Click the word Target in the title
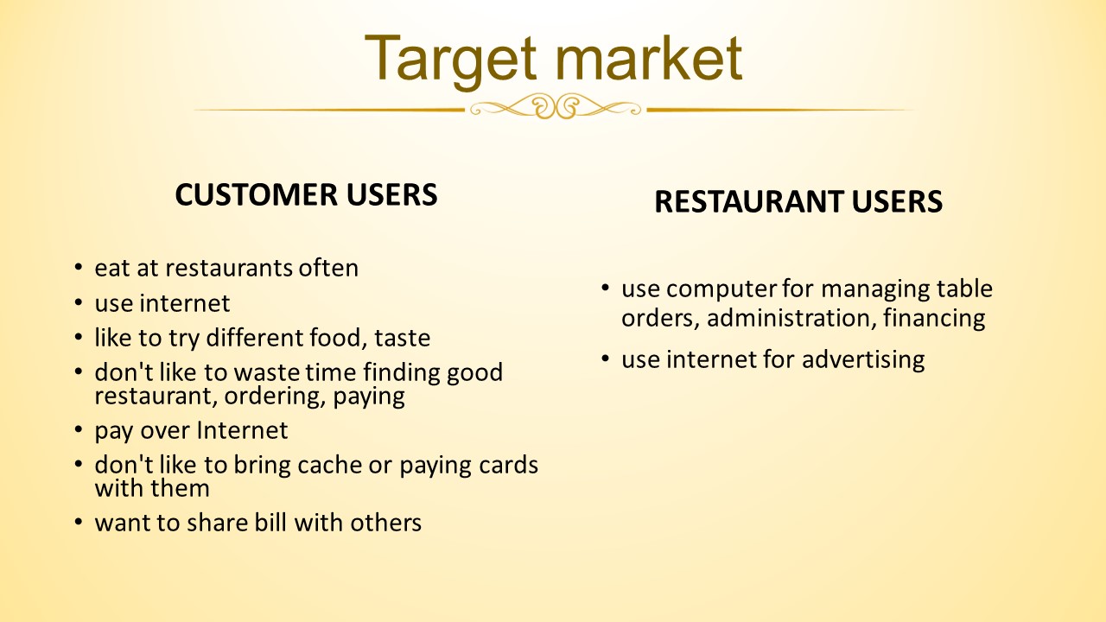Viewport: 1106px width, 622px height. [x=450, y=61]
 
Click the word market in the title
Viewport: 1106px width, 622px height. [x=648, y=58]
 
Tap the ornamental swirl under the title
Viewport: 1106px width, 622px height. [x=556, y=106]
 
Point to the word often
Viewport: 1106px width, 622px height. [x=328, y=268]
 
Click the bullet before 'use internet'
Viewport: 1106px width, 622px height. [x=78, y=302]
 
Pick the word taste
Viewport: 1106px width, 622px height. [x=403, y=338]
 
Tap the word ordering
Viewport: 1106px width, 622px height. [x=275, y=397]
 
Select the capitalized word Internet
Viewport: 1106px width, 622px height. [x=242, y=430]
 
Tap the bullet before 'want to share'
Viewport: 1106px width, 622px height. [x=78, y=521]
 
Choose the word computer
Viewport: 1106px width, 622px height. [x=721, y=289]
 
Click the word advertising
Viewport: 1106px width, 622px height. [x=863, y=360]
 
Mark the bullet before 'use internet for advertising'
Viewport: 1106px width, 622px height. [x=606, y=358]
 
